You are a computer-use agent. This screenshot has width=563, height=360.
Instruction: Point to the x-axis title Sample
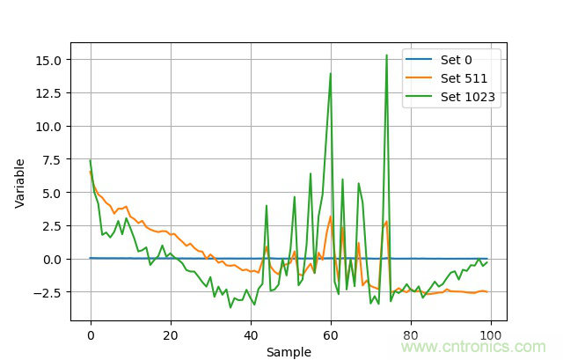click(289, 352)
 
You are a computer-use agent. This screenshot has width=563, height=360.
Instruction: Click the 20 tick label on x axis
click(170, 335)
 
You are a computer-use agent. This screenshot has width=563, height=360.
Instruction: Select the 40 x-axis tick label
click(251, 335)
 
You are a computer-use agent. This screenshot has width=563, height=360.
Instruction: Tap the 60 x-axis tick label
click(331, 335)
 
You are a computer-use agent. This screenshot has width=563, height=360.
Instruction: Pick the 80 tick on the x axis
click(411, 335)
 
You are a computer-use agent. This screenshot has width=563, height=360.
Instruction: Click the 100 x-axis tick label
click(491, 335)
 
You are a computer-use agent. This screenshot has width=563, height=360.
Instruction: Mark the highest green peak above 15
click(386, 55)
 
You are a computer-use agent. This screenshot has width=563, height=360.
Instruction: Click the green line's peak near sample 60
click(331, 74)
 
